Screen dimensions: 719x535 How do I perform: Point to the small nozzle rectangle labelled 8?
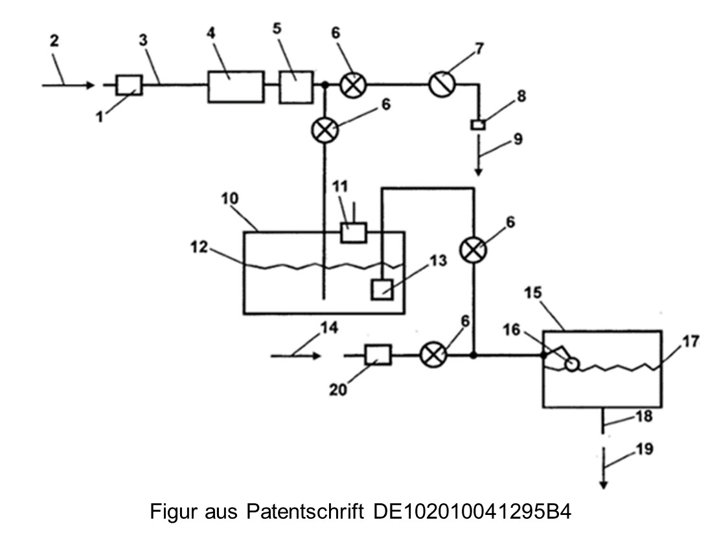click(478, 124)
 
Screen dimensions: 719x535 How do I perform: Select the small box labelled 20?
click(378, 355)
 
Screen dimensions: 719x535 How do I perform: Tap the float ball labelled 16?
click(572, 364)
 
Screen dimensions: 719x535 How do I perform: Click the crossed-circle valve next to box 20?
click(433, 355)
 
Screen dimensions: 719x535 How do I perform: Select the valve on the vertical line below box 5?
click(325, 129)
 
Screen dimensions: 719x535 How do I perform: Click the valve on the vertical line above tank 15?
click(474, 250)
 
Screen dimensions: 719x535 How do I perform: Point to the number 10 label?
click(230, 199)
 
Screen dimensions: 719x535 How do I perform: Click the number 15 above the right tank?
click(533, 292)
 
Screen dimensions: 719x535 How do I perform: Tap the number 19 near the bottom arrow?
click(644, 449)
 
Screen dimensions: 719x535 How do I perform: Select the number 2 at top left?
click(54, 41)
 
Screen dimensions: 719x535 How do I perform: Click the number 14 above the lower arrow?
click(329, 327)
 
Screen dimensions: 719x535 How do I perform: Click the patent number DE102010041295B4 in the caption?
click(472, 511)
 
